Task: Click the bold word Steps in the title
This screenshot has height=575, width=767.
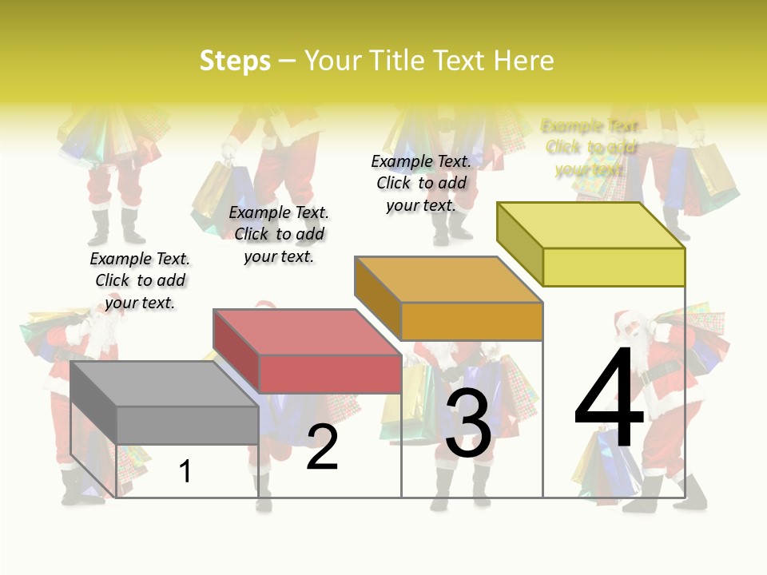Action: coord(235,61)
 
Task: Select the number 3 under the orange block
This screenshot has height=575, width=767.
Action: coord(468,424)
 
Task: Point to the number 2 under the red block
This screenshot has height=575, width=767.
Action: coord(322,447)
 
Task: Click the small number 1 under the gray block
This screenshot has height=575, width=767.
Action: coord(185,471)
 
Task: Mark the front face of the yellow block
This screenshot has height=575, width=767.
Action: coord(614,267)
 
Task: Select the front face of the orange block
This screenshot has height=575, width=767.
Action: coord(471,321)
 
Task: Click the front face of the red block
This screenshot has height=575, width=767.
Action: coord(329,374)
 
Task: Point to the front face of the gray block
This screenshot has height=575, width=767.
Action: coord(187,425)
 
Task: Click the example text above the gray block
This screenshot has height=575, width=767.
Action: coord(140,280)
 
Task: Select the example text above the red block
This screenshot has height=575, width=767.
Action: coord(279,234)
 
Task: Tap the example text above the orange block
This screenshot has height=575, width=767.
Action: coord(421,183)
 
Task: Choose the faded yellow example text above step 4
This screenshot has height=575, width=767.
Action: coord(590,148)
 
